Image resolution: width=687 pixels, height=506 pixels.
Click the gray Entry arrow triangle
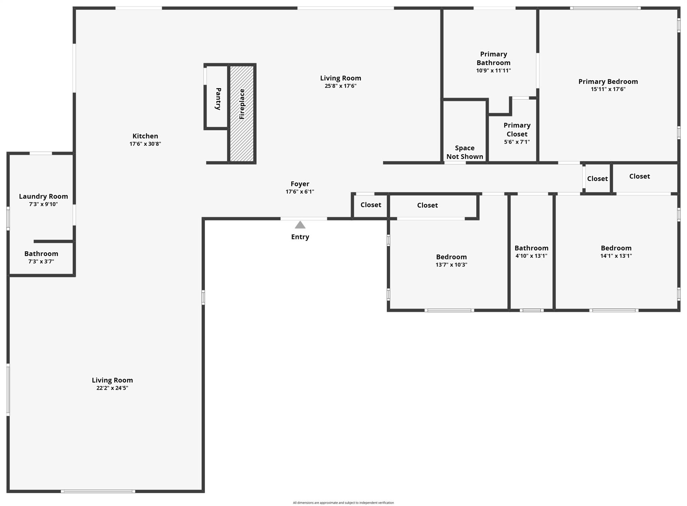[300, 225]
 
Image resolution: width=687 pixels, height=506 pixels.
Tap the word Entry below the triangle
[300, 237]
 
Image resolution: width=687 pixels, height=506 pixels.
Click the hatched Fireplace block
[242, 113]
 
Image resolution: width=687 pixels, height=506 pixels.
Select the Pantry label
[218, 99]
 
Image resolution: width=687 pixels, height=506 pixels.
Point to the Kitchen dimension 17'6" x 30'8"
[145, 144]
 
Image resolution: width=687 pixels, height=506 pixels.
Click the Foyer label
[300, 184]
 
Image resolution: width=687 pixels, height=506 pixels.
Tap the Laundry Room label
[43, 196]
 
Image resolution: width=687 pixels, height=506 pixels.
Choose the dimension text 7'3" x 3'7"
[41, 262]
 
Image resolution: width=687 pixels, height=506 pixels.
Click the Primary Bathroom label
[493, 58]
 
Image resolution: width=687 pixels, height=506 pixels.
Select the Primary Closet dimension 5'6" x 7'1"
[517, 142]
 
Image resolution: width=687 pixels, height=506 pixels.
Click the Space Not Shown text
[465, 152]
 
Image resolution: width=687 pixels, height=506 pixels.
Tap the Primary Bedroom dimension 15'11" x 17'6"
[608, 89]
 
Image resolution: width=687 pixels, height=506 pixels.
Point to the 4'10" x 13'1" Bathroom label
[531, 248]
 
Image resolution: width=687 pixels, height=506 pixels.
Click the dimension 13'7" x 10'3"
[451, 265]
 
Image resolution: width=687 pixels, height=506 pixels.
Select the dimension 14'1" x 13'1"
[616, 256]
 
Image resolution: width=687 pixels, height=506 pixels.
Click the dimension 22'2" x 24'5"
[112, 388]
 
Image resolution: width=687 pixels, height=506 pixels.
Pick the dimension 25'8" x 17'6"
[340, 86]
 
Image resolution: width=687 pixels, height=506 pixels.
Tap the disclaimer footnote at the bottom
[343, 503]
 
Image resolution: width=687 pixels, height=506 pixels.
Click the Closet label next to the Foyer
[371, 205]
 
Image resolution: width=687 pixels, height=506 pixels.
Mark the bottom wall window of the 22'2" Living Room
[98, 491]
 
